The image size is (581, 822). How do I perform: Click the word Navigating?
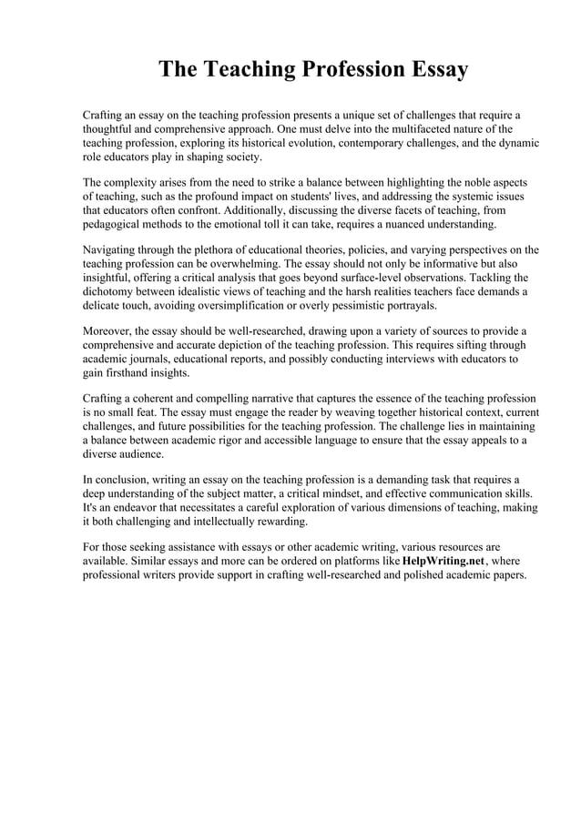tap(113, 249)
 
